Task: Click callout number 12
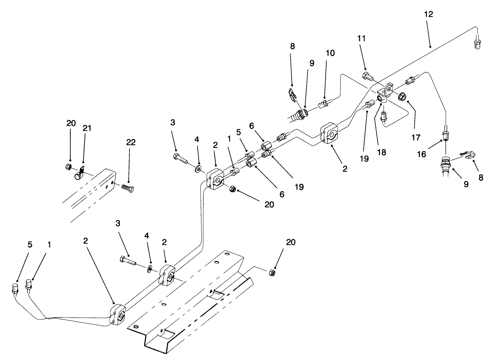click(x=429, y=14)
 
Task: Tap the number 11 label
click(x=362, y=38)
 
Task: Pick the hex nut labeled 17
click(x=401, y=96)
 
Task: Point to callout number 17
click(x=416, y=137)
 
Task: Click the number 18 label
click(x=382, y=152)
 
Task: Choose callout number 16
click(x=421, y=154)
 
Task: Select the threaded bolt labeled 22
click(x=127, y=188)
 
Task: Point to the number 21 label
click(x=87, y=128)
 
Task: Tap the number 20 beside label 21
click(x=71, y=123)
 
